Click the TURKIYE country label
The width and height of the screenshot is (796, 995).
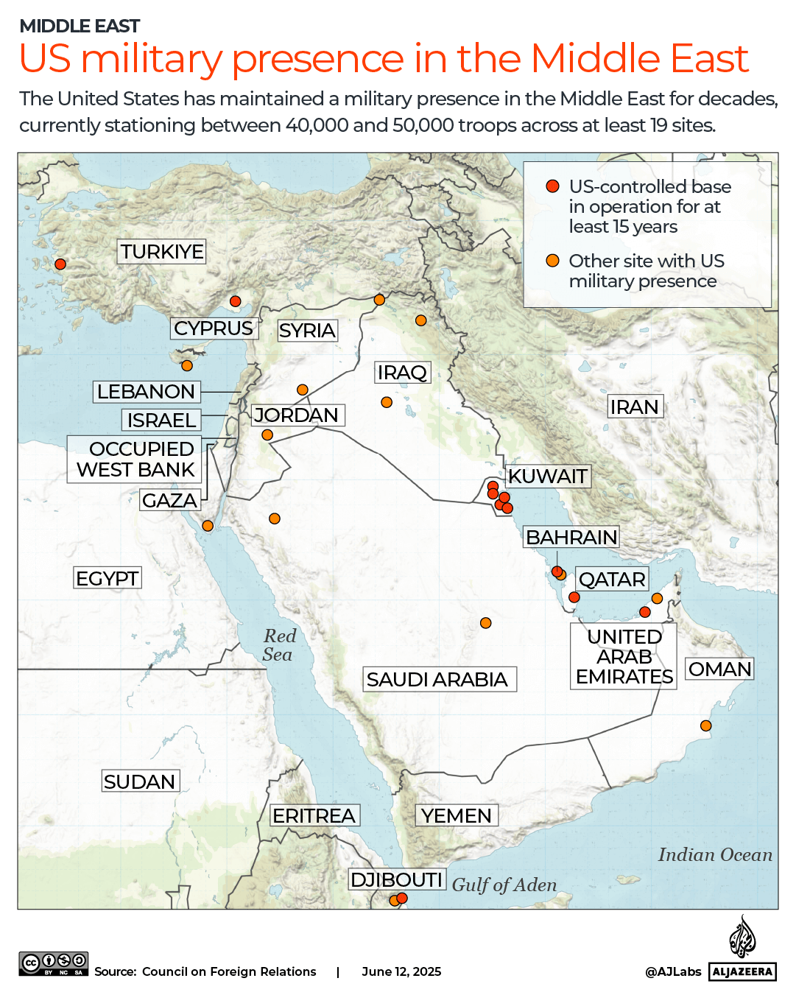click(x=162, y=252)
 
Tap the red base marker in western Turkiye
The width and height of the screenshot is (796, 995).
click(x=60, y=264)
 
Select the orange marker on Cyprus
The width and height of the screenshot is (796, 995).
click(x=187, y=365)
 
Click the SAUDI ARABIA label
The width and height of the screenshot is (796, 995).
click(x=437, y=679)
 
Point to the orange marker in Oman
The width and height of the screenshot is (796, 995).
click(x=705, y=725)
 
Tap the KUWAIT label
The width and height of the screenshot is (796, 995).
click(x=548, y=477)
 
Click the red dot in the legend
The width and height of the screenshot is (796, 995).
click(x=552, y=186)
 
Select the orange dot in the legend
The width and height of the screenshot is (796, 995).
click(x=552, y=261)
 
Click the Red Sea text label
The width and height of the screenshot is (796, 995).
click(x=279, y=645)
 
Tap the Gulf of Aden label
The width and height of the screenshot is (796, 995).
click(x=504, y=885)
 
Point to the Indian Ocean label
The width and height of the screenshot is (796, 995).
click(x=715, y=854)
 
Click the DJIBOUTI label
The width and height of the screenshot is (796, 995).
click(x=396, y=879)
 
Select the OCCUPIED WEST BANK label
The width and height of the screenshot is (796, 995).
click(x=135, y=459)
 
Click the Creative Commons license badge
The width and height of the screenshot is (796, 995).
click(x=54, y=963)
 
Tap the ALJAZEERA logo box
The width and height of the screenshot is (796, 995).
click(x=742, y=971)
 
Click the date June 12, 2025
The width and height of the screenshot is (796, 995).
click(x=401, y=971)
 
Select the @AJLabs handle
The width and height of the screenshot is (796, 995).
click(x=673, y=971)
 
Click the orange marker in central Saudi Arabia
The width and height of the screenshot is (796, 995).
click(x=485, y=623)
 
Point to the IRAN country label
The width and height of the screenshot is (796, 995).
click(x=634, y=407)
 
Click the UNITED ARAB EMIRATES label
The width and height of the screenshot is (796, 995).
click(x=624, y=656)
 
